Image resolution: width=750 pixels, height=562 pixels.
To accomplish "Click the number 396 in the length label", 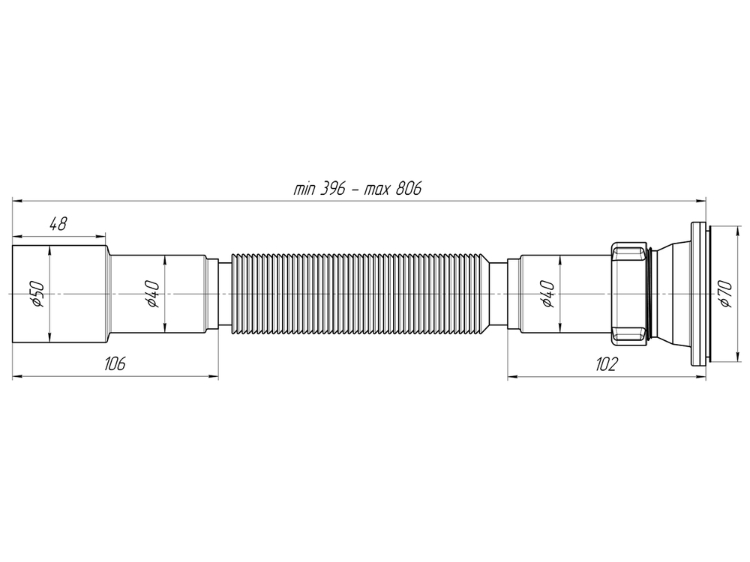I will click(x=330, y=188).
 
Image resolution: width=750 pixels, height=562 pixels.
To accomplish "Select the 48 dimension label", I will click(x=58, y=223).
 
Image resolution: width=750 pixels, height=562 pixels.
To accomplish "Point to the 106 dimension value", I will click(x=114, y=363).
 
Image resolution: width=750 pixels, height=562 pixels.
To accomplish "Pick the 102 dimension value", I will click(x=606, y=363).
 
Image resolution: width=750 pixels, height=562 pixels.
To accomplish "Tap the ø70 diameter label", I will click(x=724, y=294).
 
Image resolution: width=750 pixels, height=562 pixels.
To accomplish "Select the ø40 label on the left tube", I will click(x=152, y=294).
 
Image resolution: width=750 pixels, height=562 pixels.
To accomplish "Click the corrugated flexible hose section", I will click(x=360, y=294).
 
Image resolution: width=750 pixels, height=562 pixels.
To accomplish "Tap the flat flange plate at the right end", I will click(x=698, y=294).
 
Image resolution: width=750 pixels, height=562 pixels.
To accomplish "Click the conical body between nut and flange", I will click(x=671, y=294).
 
